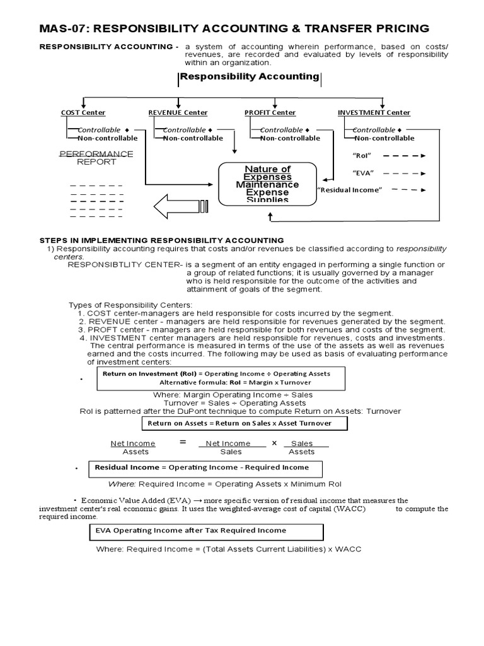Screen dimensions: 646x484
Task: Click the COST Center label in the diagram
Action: [x=83, y=113]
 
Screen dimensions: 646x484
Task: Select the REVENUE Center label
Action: [x=178, y=113]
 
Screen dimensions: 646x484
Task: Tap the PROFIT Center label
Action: [x=270, y=113]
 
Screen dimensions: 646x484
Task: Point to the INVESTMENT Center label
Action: [x=374, y=113]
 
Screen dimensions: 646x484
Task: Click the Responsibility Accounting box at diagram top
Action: [x=250, y=76]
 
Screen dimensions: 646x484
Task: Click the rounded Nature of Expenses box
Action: [x=267, y=184]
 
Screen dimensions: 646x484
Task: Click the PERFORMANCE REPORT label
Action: [x=96, y=158]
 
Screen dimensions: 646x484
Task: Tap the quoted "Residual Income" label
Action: [x=350, y=190]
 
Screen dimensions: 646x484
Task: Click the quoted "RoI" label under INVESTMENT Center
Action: [x=361, y=155]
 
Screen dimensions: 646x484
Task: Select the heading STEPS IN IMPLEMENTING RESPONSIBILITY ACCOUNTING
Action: [x=161, y=240]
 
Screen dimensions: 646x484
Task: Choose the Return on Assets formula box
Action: [x=245, y=423]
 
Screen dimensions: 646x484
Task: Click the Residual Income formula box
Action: [x=208, y=468]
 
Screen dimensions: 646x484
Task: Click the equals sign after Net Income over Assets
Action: [x=183, y=443]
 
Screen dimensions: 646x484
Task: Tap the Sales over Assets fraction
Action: [x=302, y=447]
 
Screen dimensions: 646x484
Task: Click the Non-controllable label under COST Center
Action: [x=105, y=138]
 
